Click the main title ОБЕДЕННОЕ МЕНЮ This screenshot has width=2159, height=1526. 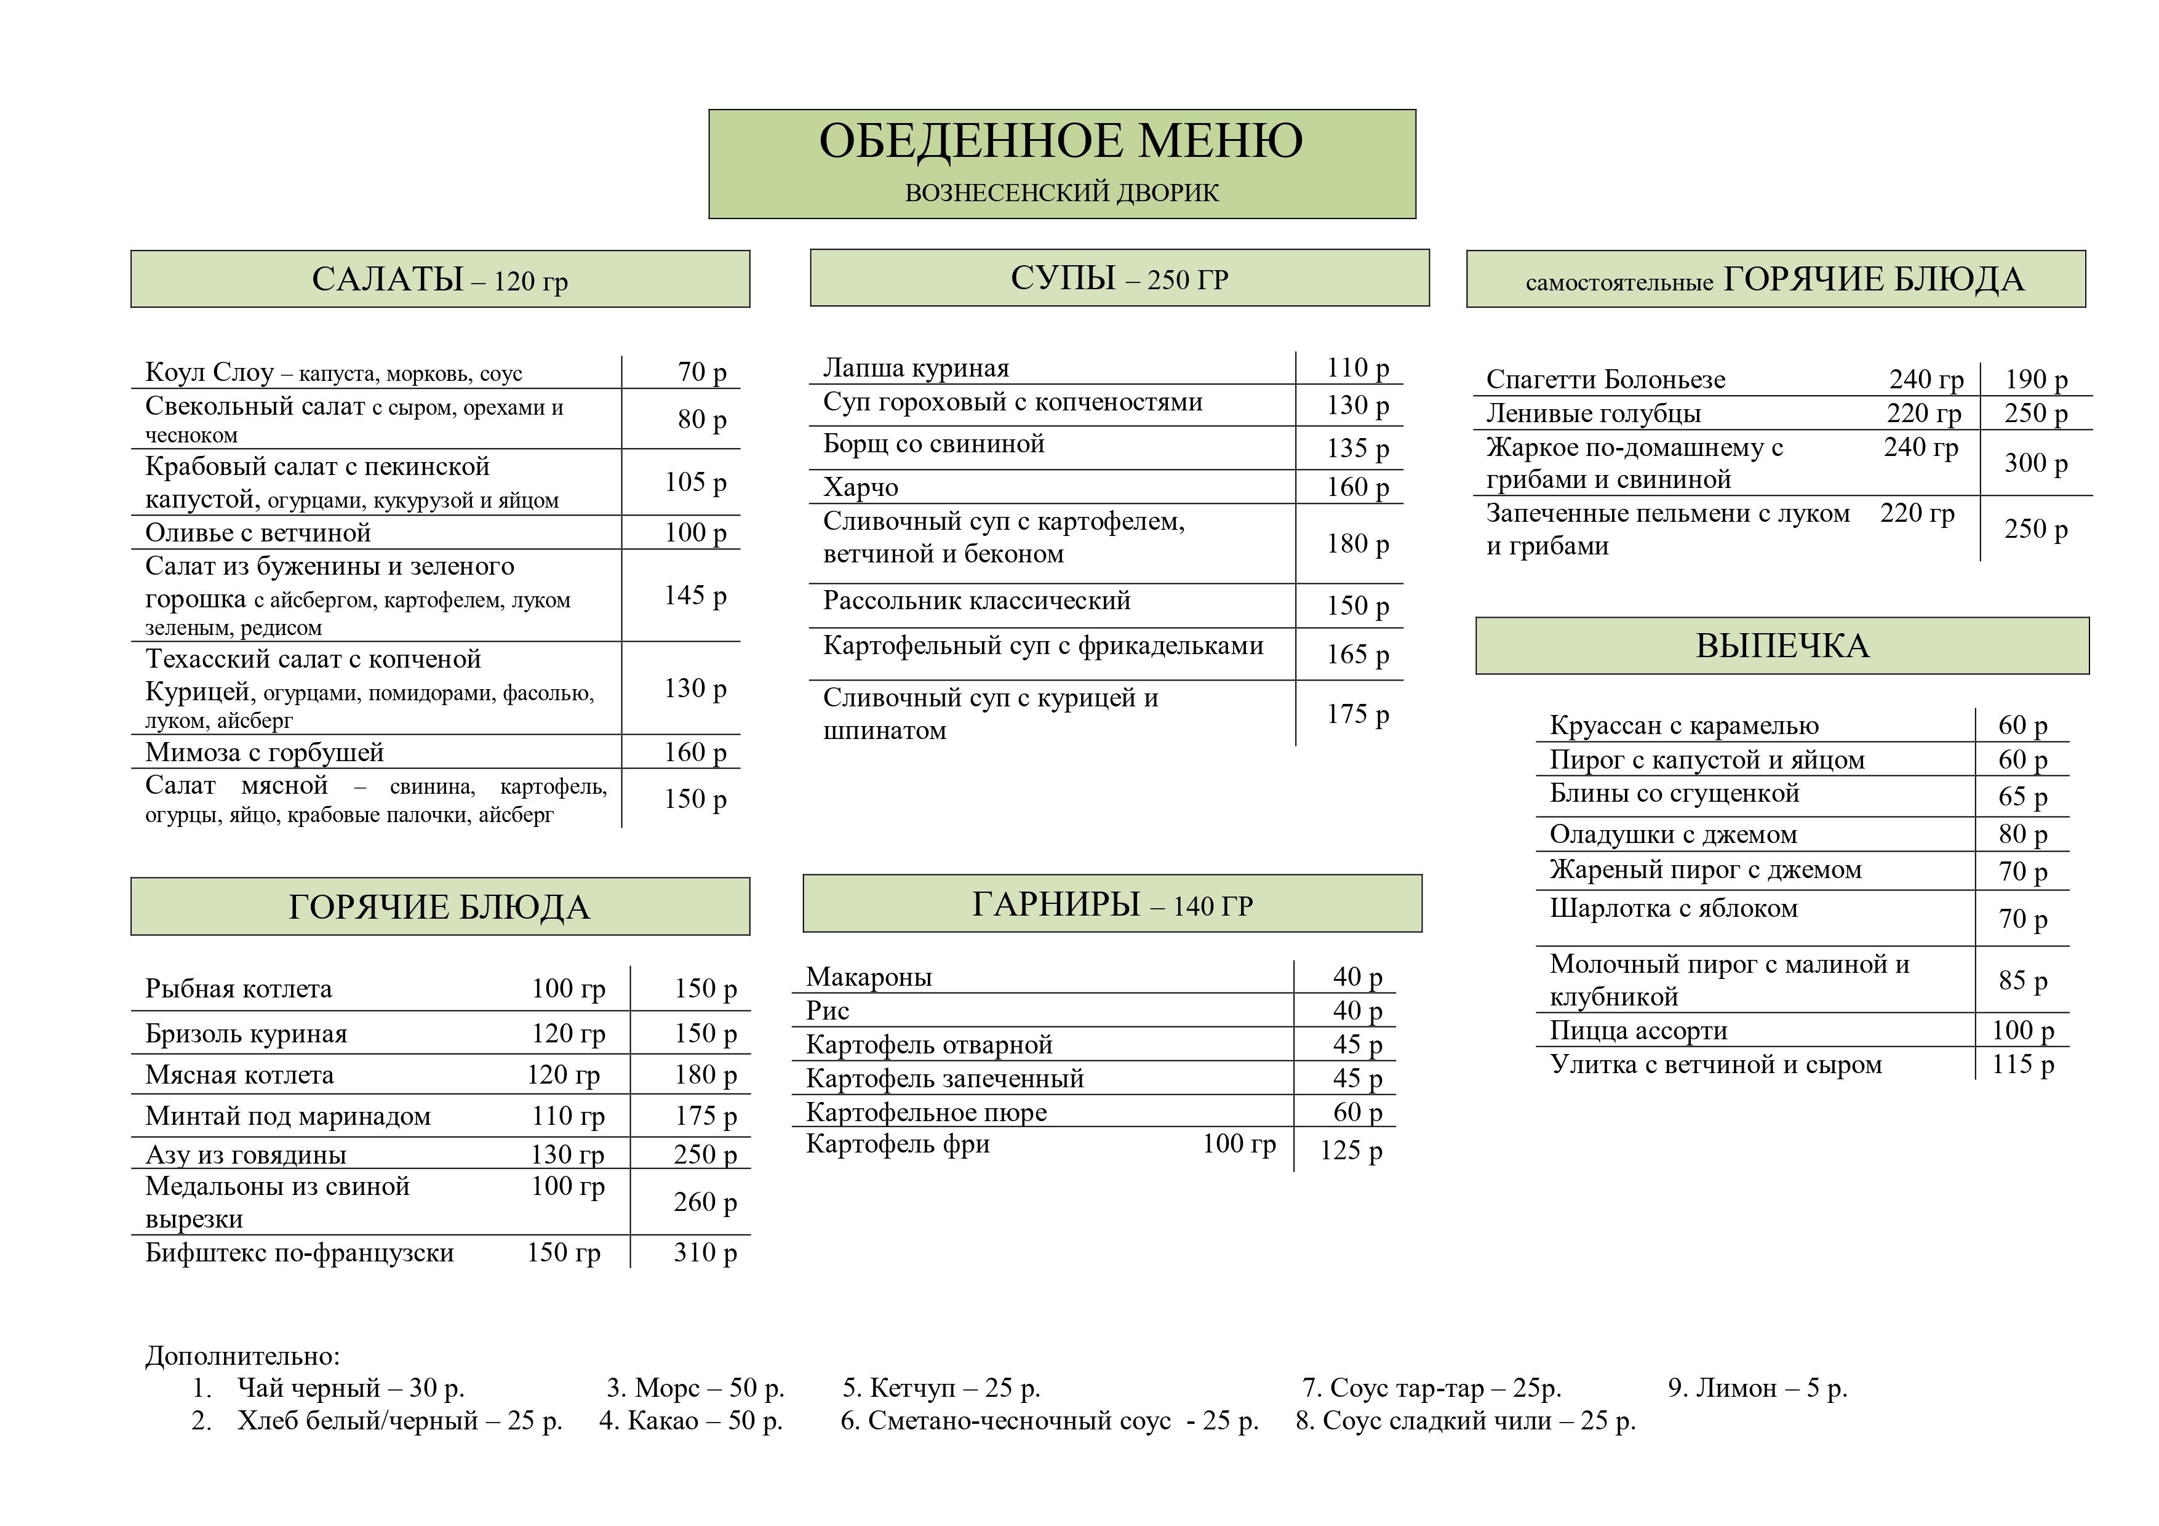click(x=1061, y=141)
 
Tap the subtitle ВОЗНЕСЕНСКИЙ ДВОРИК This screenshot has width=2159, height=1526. click(x=1061, y=193)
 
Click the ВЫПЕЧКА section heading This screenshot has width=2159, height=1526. click(x=1782, y=646)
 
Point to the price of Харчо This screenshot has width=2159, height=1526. click(x=1357, y=487)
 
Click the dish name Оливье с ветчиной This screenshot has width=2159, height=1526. click(x=258, y=533)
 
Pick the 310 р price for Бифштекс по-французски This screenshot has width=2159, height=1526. click(x=704, y=1252)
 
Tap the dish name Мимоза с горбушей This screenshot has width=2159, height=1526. click(x=264, y=752)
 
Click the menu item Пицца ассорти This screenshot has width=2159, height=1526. click(x=1638, y=1031)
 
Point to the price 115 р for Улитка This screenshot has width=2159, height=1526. click(x=2022, y=1065)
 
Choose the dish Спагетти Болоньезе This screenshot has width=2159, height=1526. click(x=1605, y=380)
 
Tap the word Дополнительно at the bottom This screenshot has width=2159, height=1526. click(x=242, y=1356)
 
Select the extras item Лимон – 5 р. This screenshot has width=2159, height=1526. click(x=1757, y=1388)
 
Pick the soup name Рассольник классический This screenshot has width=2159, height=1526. click(x=976, y=601)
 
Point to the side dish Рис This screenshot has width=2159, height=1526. click(x=828, y=1011)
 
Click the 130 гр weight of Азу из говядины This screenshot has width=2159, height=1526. click(x=567, y=1154)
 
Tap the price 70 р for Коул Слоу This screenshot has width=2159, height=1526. click(x=701, y=372)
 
